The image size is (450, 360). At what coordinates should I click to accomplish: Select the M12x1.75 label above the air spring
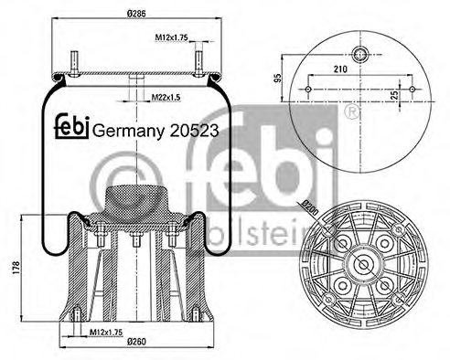tap(171, 37)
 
